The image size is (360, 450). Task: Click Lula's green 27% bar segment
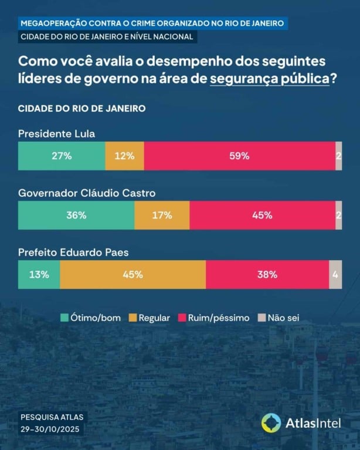pyautogui.click(x=62, y=156)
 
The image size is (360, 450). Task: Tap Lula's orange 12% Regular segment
pyautogui.click(x=124, y=156)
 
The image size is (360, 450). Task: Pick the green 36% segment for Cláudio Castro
pyautogui.click(x=76, y=215)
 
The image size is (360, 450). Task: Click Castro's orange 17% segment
pyautogui.click(x=162, y=215)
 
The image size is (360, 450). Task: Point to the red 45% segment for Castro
pyautogui.click(x=262, y=215)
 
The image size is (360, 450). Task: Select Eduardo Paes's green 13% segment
pyautogui.click(x=39, y=274)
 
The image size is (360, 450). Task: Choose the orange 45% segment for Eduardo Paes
pyautogui.click(x=133, y=274)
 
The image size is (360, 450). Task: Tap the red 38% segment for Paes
pyautogui.click(x=267, y=274)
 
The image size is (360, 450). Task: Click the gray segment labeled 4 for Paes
pyautogui.click(x=335, y=274)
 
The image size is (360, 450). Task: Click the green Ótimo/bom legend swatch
pyautogui.click(x=65, y=318)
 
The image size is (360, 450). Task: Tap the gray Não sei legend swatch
pyautogui.click(x=261, y=318)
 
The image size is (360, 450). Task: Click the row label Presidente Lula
pyautogui.click(x=56, y=134)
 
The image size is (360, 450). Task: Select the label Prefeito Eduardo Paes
pyautogui.click(x=73, y=253)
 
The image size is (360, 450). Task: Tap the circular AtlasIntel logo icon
pyautogui.click(x=271, y=422)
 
